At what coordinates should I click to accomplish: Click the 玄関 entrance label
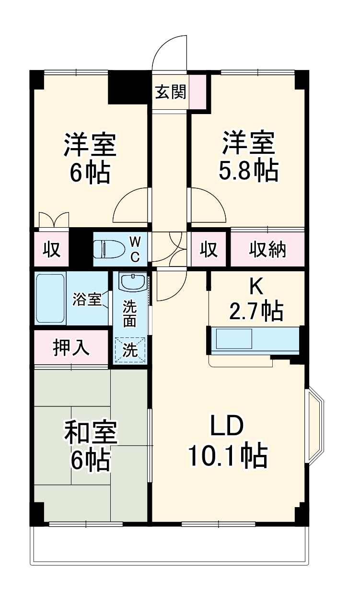coord(170,92)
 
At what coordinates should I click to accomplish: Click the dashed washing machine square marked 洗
coord(130,350)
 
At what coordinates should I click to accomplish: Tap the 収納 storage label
coord(267,249)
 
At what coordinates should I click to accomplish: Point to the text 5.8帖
coord(248,171)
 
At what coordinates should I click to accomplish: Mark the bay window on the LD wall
coord(314,424)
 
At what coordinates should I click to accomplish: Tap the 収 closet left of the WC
coord(51,249)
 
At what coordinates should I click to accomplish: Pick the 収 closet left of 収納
coord(209,249)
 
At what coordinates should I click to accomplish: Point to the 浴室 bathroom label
coord(87,300)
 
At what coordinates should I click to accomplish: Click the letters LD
coord(226,425)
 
